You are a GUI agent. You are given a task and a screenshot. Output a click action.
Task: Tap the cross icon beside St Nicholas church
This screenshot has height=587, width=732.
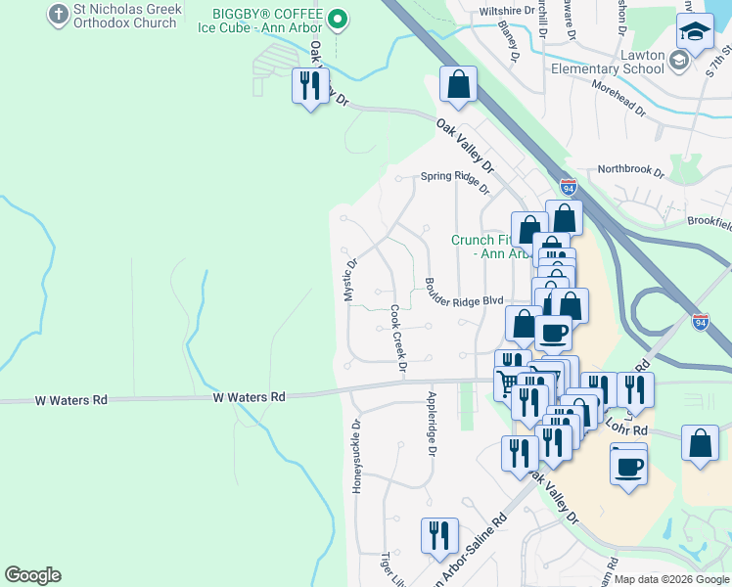57,16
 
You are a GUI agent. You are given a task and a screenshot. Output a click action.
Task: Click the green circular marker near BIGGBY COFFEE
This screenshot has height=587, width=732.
338,18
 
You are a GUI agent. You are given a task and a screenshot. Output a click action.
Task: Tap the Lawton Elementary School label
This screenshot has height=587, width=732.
608,62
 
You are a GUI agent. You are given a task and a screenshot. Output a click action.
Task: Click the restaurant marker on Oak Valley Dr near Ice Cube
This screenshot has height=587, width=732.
310,86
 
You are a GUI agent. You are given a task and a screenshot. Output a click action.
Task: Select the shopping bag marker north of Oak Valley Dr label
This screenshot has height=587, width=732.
458,84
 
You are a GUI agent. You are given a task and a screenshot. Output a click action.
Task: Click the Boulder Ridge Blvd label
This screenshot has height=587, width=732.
464,293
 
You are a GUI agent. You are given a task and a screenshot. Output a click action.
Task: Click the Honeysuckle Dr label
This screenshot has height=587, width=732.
356,456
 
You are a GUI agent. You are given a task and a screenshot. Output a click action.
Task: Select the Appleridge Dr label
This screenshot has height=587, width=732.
431,424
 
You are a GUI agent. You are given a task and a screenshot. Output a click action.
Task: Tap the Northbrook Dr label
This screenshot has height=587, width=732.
631,170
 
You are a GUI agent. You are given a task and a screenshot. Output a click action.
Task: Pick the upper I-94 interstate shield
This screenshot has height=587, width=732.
569,186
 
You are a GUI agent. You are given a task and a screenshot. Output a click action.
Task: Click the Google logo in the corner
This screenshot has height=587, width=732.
32,575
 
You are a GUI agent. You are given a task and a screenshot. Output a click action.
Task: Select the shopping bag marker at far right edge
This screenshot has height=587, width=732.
701,443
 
